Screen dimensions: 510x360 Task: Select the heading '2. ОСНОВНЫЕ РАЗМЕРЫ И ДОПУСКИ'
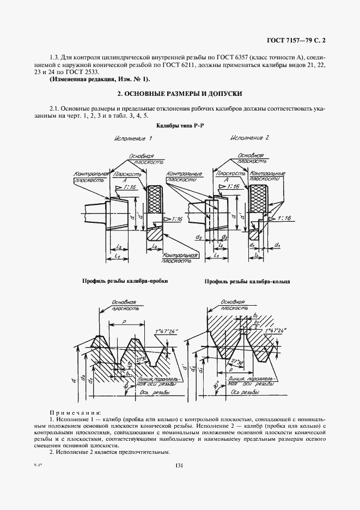179,93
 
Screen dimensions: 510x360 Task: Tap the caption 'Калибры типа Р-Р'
179,126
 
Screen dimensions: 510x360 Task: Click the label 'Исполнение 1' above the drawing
132,139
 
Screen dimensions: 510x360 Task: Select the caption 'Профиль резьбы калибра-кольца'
247,282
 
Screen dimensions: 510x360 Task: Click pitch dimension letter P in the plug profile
125,323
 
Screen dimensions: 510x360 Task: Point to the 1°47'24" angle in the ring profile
274,330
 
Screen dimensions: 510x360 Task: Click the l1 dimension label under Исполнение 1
118,254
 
